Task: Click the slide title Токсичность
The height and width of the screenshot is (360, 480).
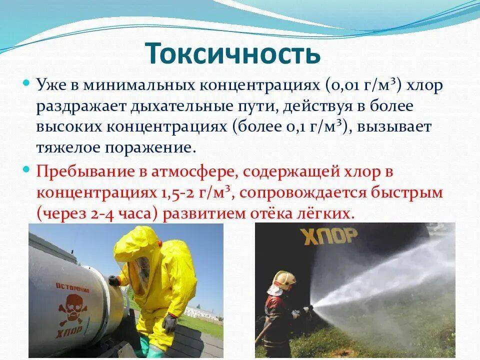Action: tap(234, 53)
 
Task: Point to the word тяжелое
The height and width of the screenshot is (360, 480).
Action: tap(68, 148)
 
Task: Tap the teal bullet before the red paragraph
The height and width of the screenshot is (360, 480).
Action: tap(26, 168)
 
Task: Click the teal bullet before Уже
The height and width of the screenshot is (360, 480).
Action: tap(26, 82)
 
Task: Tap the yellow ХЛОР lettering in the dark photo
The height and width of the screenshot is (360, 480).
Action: tap(329, 236)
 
